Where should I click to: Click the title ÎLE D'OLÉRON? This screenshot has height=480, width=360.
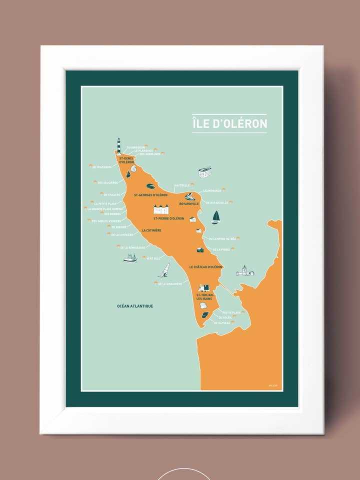pos(229,123)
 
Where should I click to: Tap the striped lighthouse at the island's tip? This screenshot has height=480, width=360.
pos(118,146)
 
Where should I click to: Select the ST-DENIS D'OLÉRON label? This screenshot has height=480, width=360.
pos(126,160)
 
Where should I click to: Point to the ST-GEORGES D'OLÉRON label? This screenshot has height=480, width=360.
pos(150,195)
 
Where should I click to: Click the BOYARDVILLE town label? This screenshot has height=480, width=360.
pos(189,204)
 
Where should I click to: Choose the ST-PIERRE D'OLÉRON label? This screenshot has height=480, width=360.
pos(168,218)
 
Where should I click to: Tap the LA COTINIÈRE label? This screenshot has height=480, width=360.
pos(151,230)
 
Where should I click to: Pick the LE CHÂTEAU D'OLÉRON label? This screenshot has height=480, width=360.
pos(206,267)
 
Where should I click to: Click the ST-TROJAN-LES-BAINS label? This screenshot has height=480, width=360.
pos(205,297)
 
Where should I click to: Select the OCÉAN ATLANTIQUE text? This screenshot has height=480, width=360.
pos(135,306)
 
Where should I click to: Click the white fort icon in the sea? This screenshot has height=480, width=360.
pos(204,172)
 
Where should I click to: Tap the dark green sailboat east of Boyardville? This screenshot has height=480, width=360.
pos(216,217)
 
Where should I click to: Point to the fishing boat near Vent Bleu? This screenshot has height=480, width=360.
pos(130,258)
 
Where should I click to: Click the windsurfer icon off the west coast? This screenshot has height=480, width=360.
pos(164,270)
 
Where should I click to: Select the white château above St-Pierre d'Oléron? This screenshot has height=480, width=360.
pos(161,209)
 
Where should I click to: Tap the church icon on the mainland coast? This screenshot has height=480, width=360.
pos(244,271)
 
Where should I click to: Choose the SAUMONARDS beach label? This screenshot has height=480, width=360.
pos(211,190)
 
